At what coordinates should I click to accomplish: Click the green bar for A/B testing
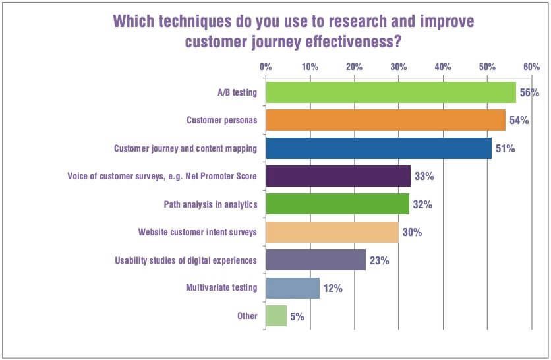click(x=391, y=92)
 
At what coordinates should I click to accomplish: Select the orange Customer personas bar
click(x=386, y=120)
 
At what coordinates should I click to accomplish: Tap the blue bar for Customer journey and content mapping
click(x=378, y=148)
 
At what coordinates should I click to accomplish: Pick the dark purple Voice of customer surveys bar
click(x=338, y=176)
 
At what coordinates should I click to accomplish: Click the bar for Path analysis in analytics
click(x=337, y=204)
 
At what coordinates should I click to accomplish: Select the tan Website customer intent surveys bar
click(x=332, y=232)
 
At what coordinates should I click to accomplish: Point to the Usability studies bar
click(x=316, y=260)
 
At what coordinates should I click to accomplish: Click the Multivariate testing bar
click(x=293, y=288)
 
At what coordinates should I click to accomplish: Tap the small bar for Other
click(x=276, y=316)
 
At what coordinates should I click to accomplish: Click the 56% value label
click(x=529, y=93)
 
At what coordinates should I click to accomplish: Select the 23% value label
click(x=380, y=260)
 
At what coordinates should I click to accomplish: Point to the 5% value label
click(x=297, y=316)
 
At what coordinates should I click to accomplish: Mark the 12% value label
click(x=333, y=289)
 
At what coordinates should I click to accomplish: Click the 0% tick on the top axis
click(x=266, y=67)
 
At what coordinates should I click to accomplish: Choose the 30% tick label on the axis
click(x=398, y=67)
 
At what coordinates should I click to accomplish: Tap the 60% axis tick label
click(x=531, y=67)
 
